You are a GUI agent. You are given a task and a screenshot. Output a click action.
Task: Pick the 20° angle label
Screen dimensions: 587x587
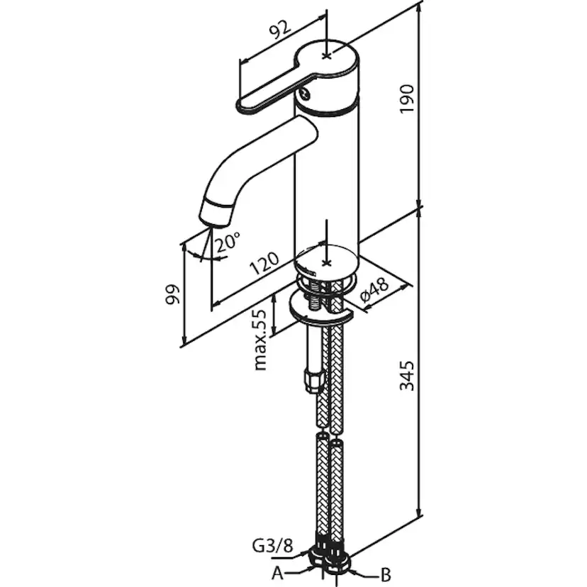coord(228,244)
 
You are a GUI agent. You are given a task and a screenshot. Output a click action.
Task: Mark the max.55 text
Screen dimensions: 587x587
coord(261,339)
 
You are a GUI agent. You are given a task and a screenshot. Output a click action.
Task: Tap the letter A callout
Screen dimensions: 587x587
coord(278,571)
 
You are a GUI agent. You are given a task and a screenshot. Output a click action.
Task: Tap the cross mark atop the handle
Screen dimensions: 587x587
coord(325,54)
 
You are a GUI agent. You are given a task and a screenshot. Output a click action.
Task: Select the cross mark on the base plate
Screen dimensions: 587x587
coord(325,262)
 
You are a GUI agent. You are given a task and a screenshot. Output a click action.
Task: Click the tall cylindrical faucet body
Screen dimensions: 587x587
coord(326,177)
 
